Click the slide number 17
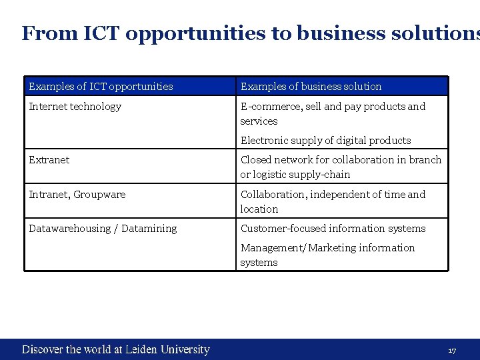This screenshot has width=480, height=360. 452,351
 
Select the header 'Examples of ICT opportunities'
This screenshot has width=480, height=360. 101,87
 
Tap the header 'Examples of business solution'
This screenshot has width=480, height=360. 311,87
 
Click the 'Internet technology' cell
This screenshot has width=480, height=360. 75,107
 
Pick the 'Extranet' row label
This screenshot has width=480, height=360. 49,160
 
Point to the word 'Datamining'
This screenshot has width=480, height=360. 150,229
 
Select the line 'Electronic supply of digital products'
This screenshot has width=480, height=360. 325,141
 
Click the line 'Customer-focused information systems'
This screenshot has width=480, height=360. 333,229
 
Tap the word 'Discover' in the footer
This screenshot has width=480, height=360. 43,349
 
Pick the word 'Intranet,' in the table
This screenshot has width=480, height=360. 49,195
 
